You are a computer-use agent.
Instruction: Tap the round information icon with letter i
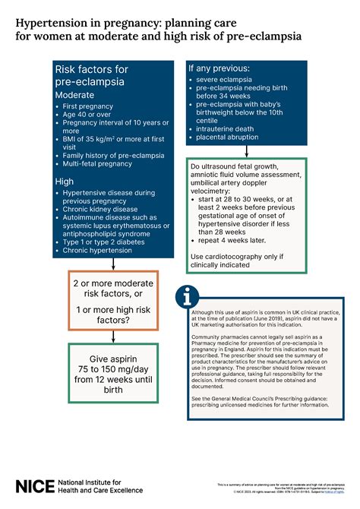(191, 296)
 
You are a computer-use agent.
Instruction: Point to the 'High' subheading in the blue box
(65, 182)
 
